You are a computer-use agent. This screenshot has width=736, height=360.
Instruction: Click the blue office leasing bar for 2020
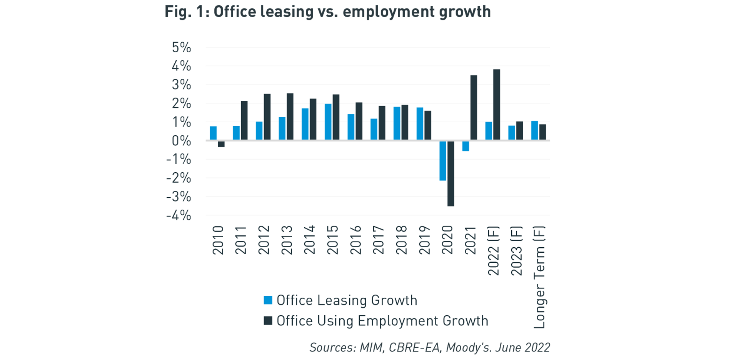pyautogui.click(x=443, y=160)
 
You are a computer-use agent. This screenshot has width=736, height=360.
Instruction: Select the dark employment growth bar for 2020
pyautogui.click(x=451, y=173)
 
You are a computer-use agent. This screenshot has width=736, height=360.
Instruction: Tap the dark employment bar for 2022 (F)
pyautogui.click(x=497, y=105)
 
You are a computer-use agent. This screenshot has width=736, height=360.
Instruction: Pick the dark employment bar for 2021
pyautogui.click(x=474, y=108)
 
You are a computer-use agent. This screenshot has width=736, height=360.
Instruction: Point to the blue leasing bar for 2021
pyautogui.click(x=466, y=146)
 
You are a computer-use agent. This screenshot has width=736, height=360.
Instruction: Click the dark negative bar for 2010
pyautogui.click(x=221, y=144)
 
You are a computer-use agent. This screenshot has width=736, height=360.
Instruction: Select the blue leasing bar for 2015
pyautogui.click(x=328, y=122)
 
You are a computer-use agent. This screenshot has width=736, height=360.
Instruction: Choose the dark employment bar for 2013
pyautogui.click(x=290, y=117)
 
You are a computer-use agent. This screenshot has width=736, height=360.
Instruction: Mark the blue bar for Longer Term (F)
pyautogui.click(x=534, y=130)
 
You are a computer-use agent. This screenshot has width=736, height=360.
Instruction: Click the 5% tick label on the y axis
pyautogui.click(x=181, y=48)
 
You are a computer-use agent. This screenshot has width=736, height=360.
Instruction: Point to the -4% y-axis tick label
pyautogui.click(x=179, y=215)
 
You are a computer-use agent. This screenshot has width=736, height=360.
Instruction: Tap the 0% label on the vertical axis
pyautogui.click(x=181, y=141)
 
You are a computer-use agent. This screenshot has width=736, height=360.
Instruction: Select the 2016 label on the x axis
pyautogui.click(x=356, y=240)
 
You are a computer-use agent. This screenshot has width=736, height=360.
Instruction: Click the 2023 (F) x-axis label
pyautogui.click(x=516, y=251)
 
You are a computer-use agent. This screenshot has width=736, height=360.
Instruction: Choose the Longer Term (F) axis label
pyautogui.click(x=539, y=277)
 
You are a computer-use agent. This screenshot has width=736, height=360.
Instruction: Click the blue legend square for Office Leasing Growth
pyautogui.click(x=268, y=300)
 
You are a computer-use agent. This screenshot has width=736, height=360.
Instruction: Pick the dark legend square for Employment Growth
pyautogui.click(x=268, y=321)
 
